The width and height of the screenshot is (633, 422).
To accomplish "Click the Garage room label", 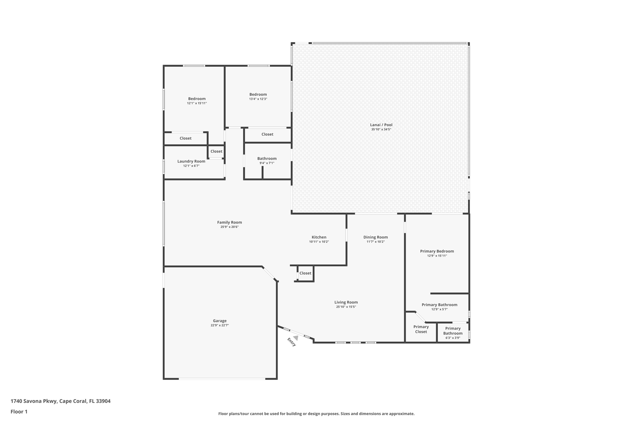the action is click(x=219, y=321).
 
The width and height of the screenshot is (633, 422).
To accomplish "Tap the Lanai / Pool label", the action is click(x=381, y=125).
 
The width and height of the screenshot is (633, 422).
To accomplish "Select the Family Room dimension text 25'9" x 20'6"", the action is click(x=229, y=227).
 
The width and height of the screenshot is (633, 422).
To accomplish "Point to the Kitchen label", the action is click(x=319, y=237).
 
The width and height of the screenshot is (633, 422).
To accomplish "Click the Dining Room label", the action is click(x=376, y=237).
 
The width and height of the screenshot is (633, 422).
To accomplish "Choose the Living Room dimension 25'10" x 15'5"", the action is click(x=346, y=307).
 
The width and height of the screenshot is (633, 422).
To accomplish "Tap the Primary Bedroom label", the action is click(x=437, y=251).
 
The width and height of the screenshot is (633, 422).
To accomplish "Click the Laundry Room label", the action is click(x=191, y=161).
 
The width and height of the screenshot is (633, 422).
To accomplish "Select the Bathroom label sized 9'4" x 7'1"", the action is click(x=267, y=159).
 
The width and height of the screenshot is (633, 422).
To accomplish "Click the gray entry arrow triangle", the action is click(x=296, y=338).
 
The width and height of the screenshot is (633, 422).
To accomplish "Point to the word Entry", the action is click(x=291, y=342).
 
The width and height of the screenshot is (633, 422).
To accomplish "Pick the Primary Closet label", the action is click(x=421, y=329).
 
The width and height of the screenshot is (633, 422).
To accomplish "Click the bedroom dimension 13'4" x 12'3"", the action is click(x=258, y=99).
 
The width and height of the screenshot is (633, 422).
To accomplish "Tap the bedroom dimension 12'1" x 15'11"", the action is click(x=197, y=103).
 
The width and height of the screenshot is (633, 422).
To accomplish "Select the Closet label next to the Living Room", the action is click(x=305, y=273).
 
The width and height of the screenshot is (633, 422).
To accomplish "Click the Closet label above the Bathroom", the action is click(x=267, y=134).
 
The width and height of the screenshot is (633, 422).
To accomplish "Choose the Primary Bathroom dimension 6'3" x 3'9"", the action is click(x=453, y=338).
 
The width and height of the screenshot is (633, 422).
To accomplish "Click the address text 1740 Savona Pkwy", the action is click(x=34, y=401).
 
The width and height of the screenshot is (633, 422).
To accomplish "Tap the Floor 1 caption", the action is click(x=19, y=411).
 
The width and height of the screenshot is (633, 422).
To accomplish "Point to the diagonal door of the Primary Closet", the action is click(x=420, y=317).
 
